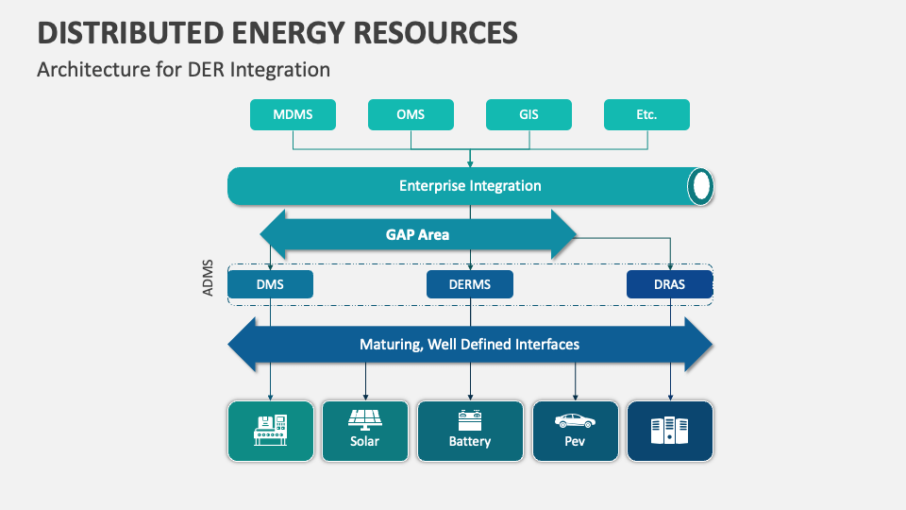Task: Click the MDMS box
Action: (293, 114)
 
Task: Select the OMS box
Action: (411, 114)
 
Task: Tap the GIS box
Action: (528, 114)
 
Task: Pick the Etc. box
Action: (646, 114)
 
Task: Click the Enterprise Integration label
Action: (470, 186)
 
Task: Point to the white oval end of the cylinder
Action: (701, 186)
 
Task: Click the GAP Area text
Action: (417, 235)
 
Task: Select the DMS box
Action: (271, 284)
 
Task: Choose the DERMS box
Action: (470, 284)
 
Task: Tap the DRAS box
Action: (670, 284)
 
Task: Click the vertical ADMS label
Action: (208, 278)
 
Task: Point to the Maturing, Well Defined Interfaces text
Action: (470, 345)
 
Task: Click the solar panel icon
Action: (364, 420)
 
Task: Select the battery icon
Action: (470, 420)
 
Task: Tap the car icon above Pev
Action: (575, 421)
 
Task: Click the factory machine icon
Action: (271, 431)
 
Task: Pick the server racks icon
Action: (670, 431)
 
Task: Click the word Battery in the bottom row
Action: (470, 441)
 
